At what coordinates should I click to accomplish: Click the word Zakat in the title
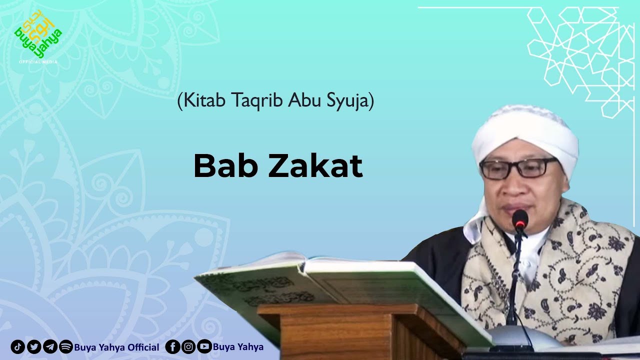(x=315, y=167)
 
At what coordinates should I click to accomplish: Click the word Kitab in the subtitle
(x=203, y=101)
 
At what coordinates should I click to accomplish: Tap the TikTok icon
(x=17, y=347)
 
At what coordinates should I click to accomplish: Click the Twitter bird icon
(x=34, y=347)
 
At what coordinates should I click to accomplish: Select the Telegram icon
(x=50, y=347)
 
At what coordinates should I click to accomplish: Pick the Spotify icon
(x=66, y=347)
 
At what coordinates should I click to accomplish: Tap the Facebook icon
(x=172, y=347)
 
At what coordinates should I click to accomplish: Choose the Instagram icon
(x=188, y=347)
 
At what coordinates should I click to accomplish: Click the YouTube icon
(x=204, y=347)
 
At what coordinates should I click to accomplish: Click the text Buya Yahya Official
(x=116, y=347)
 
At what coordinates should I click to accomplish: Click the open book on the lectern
(x=345, y=285)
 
